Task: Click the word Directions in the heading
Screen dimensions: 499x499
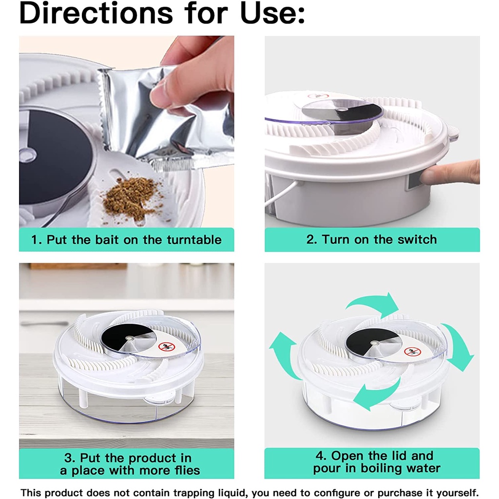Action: point(96,13)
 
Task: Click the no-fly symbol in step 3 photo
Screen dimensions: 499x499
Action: point(167,346)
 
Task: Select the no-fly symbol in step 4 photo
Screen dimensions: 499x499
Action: point(412,352)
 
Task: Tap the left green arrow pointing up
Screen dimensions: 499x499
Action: point(283,353)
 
